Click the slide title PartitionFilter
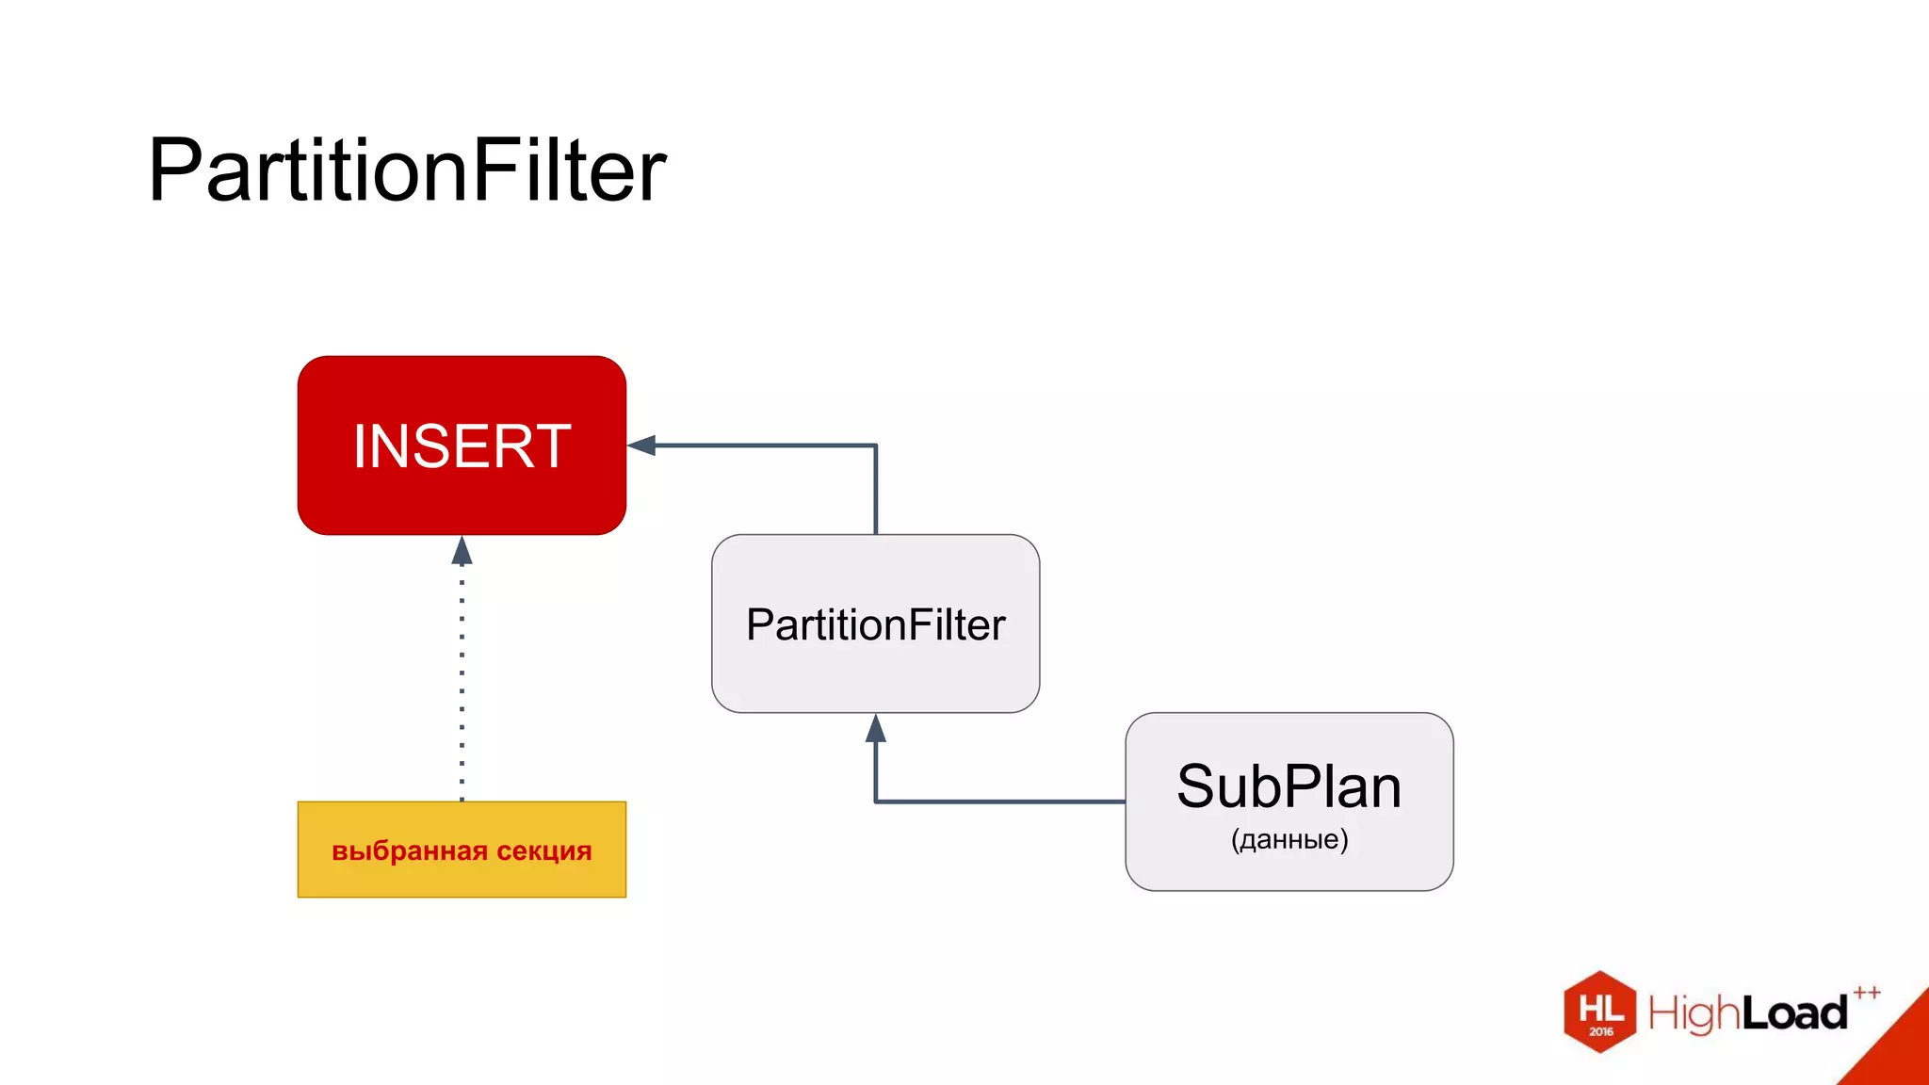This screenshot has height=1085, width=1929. (407, 170)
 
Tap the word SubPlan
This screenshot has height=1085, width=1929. (1289, 786)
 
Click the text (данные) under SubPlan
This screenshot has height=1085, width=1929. (1289, 839)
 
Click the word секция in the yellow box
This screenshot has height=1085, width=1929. (544, 851)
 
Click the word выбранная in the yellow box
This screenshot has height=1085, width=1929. (409, 851)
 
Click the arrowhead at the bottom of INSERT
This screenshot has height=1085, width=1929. (462, 551)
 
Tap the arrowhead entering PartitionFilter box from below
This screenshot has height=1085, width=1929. (875, 728)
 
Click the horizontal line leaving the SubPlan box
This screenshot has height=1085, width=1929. (998, 802)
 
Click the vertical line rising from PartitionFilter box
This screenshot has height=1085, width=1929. (875, 490)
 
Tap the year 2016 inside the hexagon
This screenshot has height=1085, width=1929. (1600, 1032)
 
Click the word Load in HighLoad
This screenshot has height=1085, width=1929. (1794, 1013)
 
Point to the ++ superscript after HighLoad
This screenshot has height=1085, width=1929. (1866, 993)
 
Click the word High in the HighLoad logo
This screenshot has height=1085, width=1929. (1694, 1013)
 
